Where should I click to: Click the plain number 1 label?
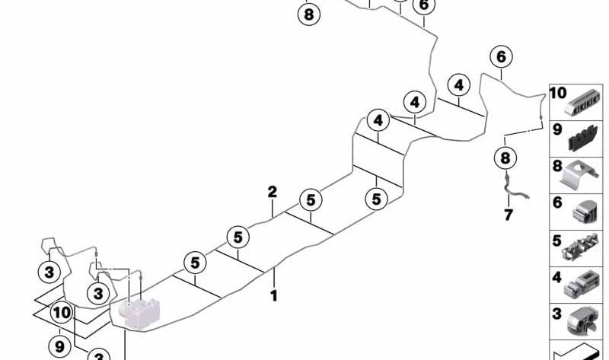[x=274, y=296]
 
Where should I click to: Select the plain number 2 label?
[x=273, y=192]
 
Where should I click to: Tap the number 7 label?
[x=509, y=215]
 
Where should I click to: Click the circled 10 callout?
[x=62, y=313]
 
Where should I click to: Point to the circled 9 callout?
[x=60, y=346]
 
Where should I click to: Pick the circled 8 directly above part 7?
[x=505, y=158]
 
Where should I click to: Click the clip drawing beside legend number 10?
[x=582, y=103]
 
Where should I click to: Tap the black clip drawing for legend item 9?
[x=583, y=138]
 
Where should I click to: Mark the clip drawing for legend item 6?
[x=584, y=212]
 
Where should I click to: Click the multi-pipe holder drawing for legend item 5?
[x=580, y=248]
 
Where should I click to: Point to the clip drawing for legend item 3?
[x=582, y=321]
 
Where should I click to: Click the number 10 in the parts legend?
[x=558, y=93]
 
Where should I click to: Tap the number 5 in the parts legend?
[x=557, y=241]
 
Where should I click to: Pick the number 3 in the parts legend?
[x=557, y=314]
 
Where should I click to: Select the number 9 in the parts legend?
[x=557, y=129]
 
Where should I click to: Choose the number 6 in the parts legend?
[x=557, y=202]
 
